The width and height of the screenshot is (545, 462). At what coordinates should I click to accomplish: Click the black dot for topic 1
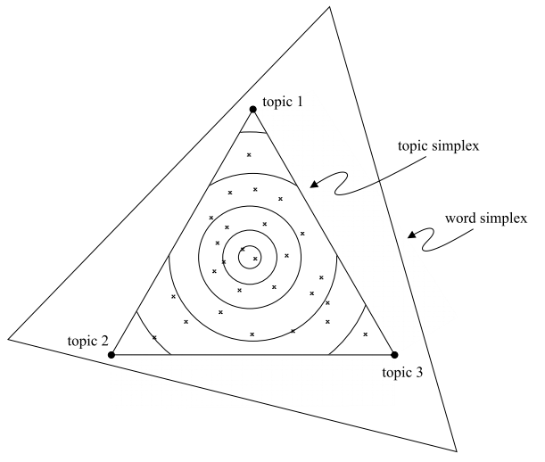click(253, 110)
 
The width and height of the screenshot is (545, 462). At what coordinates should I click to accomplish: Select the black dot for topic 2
click(111, 355)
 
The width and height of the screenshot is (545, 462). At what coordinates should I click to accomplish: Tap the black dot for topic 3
click(394, 355)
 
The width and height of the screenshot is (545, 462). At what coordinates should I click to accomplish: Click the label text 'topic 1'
click(284, 102)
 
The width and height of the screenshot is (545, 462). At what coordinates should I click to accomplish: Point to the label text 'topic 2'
click(87, 342)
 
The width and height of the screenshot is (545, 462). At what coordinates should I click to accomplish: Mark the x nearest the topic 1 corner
click(249, 155)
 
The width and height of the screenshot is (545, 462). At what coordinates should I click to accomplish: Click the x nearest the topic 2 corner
click(154, 337)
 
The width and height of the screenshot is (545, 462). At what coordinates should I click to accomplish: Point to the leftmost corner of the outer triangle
click(8, 339)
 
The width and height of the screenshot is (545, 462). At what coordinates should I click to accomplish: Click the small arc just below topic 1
click(253, 133)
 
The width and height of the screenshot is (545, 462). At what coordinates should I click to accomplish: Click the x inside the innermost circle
click(255, 259)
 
